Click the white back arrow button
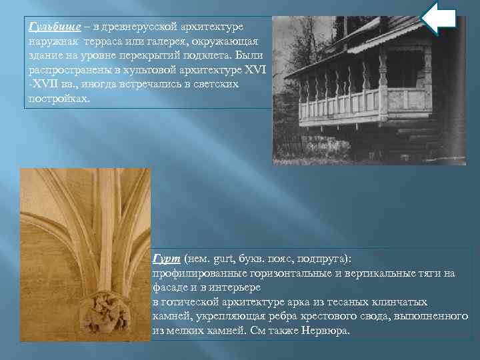coord(439,19)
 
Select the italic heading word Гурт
coord(165,259)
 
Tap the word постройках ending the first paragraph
coord(57,98)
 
